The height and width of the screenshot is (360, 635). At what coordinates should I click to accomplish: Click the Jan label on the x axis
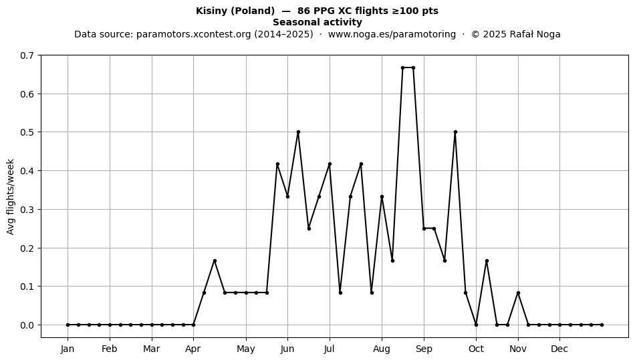tap(68, 349)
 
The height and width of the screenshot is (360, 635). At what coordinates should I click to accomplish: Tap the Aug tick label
tap(382, 349)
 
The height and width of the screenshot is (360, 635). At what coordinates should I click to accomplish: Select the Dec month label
tap(559, 349)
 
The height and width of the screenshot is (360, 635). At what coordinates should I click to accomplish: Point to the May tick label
tap(246, 349)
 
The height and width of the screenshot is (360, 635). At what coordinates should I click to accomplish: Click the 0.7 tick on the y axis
tap(27, 55)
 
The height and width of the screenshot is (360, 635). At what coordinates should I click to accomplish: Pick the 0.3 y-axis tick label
tap(27, 210)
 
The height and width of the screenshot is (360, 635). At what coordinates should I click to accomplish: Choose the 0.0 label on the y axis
tap(27, 325)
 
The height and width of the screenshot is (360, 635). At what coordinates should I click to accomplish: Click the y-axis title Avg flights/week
tap(11, 196)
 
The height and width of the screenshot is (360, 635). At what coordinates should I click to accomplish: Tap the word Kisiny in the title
tap(212, 11)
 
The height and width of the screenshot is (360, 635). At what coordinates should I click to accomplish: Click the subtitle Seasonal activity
tap(317, 22)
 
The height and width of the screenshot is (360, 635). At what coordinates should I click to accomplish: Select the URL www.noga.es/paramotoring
tap(392, 34)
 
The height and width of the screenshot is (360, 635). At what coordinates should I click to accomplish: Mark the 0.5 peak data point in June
tap(299, 132)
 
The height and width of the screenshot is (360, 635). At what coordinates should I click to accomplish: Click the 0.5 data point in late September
tap(455, 132)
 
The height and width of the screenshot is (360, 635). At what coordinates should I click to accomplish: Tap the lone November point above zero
tap(518, 293)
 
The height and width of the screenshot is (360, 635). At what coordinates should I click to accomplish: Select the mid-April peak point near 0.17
tap(215, 261)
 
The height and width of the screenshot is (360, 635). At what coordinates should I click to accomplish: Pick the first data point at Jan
tap(68, 325)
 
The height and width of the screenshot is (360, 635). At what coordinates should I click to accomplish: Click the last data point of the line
tap(602, 325)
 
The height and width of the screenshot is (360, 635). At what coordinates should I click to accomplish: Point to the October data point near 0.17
tap(487, 261)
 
